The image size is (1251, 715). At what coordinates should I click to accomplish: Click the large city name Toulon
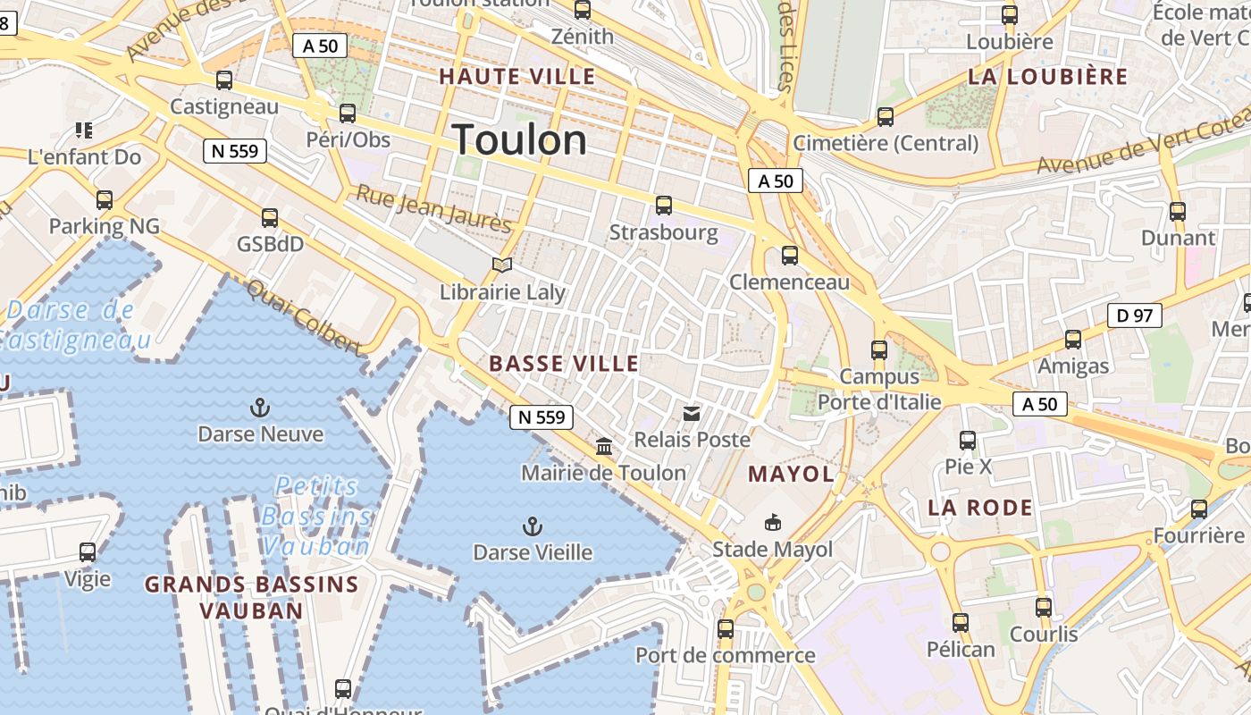(x=519, y=140)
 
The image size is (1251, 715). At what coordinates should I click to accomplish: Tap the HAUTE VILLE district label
(x=517, y=77)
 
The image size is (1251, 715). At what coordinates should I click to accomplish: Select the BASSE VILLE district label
(x=564, y=364)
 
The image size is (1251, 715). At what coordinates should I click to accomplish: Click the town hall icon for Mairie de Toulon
(x=604, y=446)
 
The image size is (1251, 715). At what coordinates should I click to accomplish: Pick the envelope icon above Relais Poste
(x=692, y=413)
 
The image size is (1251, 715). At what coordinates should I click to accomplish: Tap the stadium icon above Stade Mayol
(x=772, y=522)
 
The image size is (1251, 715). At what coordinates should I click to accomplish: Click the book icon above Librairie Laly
(x=502, y=265)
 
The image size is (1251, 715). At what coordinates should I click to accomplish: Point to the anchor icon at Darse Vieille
(x=533, y=526)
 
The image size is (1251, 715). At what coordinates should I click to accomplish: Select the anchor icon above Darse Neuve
(x=260, y=408)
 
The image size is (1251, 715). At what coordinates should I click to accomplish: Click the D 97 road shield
(x=1134, y=315)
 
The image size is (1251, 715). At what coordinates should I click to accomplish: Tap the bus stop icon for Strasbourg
(x=663, y=206)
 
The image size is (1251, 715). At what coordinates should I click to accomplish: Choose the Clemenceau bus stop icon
(x=790, y=256)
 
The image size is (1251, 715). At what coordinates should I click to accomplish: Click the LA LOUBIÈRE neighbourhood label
(x=1048, y=77)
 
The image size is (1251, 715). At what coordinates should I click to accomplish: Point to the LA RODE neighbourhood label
(x=980, y=508)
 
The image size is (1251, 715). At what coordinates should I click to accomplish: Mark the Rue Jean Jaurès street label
(x=433, y=209)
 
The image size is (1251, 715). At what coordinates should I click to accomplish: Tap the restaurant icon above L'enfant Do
(x=84, y=130)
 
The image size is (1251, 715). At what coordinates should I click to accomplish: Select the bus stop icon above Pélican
(x=961, y=622)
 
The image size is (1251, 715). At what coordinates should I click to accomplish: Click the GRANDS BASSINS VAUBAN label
(x=251, y=597)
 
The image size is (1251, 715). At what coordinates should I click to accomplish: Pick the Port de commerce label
(x=725, y=655)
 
